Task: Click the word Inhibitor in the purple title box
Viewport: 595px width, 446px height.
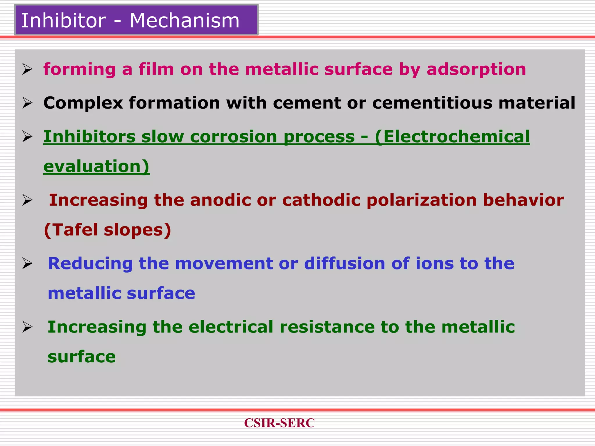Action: point(64,21)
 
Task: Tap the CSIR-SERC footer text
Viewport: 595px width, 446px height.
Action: point(279,423)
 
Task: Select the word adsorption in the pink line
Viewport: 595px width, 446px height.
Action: point(476,69)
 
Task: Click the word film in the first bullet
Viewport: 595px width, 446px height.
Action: point(156,69)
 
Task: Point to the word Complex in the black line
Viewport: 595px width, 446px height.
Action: point(83,103)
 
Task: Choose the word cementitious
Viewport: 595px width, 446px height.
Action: point(432,103)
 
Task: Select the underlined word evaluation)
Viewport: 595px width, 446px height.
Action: point(96,166)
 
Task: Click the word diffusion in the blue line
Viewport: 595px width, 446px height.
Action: point(345,264)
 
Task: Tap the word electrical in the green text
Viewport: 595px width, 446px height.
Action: point(231,327)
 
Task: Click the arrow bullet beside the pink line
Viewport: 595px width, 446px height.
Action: point(27,69)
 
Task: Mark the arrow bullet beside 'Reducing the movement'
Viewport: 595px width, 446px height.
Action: point(27,264)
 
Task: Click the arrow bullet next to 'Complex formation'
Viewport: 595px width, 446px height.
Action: point(27,103)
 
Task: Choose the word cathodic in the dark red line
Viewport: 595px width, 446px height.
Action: point(321,200)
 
